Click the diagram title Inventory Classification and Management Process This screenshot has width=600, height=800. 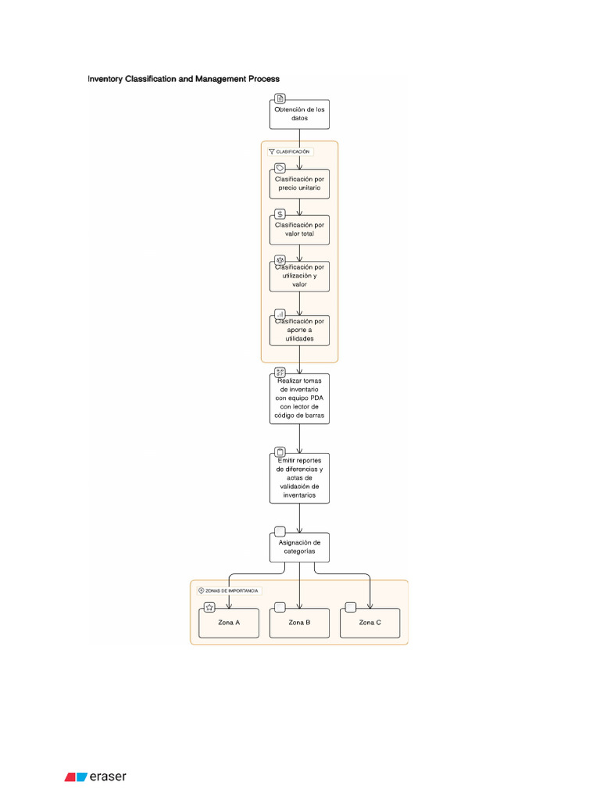(x=184, y=79)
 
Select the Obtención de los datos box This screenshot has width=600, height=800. (x=299, y=115)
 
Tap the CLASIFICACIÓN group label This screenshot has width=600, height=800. (x=290, y=152)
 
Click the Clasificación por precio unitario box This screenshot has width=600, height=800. (x=299, y=184)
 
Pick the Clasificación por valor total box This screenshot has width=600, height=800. (x=299, y=230)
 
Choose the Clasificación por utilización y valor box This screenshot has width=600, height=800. (x=299, y=276)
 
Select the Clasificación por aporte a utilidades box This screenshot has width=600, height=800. (x=299, y=330)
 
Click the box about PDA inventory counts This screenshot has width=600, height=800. (x=299, y=398)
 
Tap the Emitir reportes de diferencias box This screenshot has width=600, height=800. (x=299, y=478)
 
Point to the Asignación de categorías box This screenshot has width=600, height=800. (x=299, y=546)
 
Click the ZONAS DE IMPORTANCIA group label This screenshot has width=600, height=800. (x=229, y=591)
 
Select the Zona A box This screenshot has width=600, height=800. (x=229, y=623)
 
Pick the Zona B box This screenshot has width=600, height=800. (x=299, y=623)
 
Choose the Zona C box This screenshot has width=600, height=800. (x=370, y=623)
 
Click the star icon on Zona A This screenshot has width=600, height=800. (x=209, y=607)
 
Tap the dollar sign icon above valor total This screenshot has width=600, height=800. (x=280, y=214)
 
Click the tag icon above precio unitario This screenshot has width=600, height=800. (x=280, y=168)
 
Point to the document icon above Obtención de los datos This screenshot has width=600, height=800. (x=280, y=98)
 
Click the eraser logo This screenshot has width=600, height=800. (x=95, y=777)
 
